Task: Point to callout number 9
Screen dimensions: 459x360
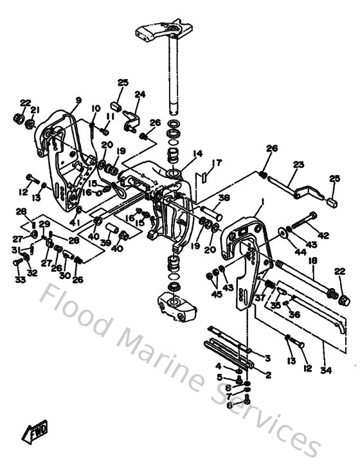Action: point(78,100)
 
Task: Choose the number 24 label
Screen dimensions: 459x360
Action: point(139,94)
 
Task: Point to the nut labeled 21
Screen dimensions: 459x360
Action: point(30,122)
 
